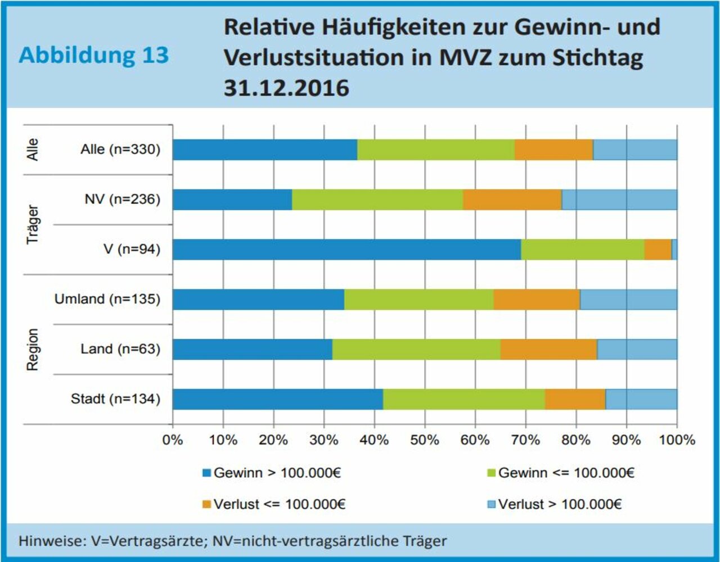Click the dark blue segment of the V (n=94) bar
pos(346,250)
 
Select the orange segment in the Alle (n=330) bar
pos(553,150)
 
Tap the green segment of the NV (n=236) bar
pos(377,200)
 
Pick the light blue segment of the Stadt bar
pos(641,399)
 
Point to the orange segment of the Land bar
pos(548,349)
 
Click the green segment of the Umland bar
pos(418,299)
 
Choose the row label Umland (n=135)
pos(107,299)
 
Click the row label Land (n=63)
pos(120,349)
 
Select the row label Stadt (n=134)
pos(115,399)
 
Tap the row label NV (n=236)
pos(122,200)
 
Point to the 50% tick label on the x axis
pos(425,440)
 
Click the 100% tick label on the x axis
pos(677,440)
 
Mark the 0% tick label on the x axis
pos(173,440)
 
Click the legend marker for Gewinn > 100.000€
pos(206,473)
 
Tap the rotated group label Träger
pos(33,224)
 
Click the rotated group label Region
pos(33,349)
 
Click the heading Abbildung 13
pos(93,55)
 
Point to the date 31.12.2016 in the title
pos(286,88)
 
